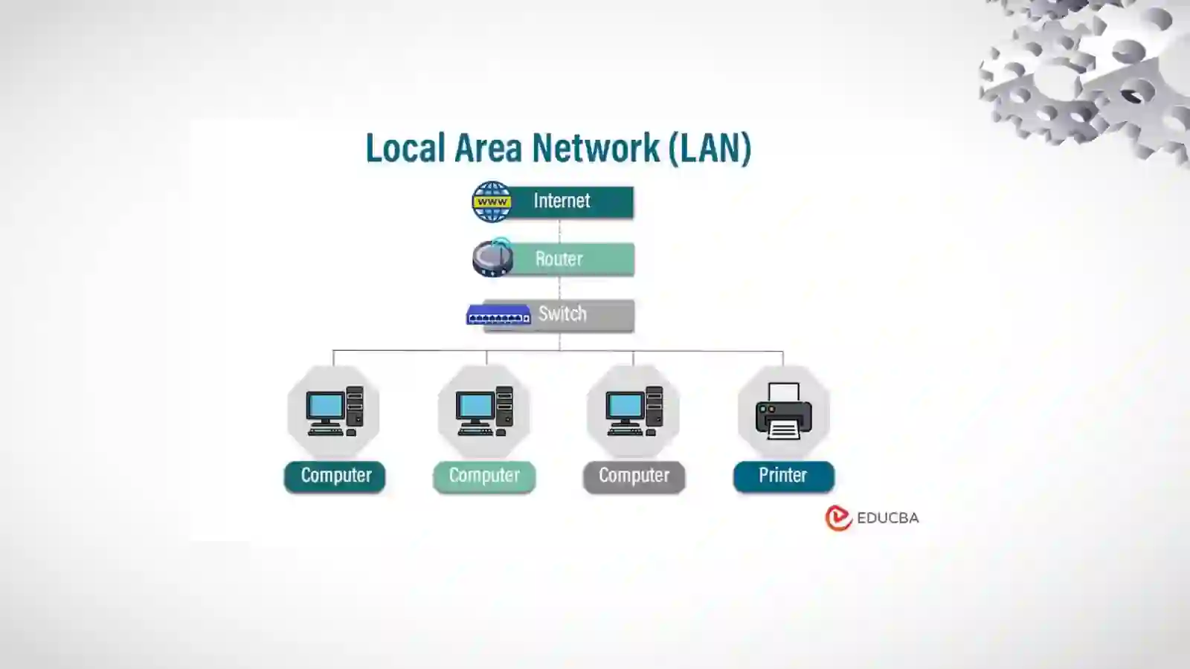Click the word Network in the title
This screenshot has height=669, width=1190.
point(596,147)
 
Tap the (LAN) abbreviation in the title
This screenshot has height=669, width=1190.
point(710,147)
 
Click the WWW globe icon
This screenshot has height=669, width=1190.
point(492,202)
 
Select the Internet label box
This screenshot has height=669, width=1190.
point(571,201)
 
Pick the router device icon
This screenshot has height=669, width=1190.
point(492,258)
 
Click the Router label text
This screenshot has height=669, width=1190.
point(559,259)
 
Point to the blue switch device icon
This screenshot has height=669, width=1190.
point(498,315)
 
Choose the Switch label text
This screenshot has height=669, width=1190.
point(562,314)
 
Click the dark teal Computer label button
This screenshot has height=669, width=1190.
point(335,476)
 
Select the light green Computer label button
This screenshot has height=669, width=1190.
point(484,476)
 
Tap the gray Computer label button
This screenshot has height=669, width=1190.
point(634,476)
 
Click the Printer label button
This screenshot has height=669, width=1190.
point(783,476)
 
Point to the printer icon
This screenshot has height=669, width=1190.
point(783,411)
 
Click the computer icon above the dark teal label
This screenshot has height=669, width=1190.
point(334,411)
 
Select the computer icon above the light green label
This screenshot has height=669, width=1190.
point(484,411)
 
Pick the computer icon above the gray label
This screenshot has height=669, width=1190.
point(634,411)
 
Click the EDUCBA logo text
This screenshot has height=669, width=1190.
point(887,518)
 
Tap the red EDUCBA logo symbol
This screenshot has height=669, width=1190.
point(838,518)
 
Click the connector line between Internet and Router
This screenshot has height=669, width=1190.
point(559,231)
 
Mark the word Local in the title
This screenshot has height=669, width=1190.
point(405,147)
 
